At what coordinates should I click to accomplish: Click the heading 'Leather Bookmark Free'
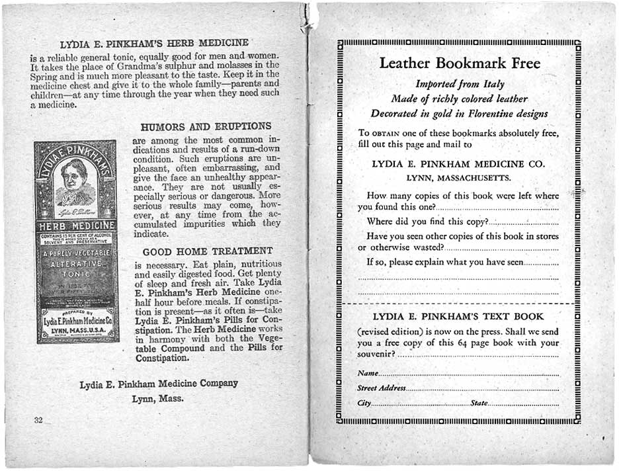(x=460, y=64)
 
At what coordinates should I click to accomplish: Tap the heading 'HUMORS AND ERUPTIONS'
(x=206, y=126)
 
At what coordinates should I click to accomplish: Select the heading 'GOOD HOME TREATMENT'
(x=208, y=251)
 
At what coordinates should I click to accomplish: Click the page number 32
(x=38, y=420)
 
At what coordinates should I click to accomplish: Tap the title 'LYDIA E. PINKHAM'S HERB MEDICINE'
(x=154, y=44)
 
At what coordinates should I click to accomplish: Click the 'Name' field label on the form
(x=368, y=374)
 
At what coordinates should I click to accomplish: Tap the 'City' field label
(x=364, y=404)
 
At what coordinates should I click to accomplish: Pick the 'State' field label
(x=479, y=404)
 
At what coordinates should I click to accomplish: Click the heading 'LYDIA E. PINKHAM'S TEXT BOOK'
(x=458, y=316)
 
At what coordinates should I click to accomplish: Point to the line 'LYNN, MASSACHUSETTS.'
(x=458, y=178)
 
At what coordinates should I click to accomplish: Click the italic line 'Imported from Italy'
(x=460, y=84)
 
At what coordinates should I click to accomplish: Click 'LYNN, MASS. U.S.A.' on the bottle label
(x=75, y=329)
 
